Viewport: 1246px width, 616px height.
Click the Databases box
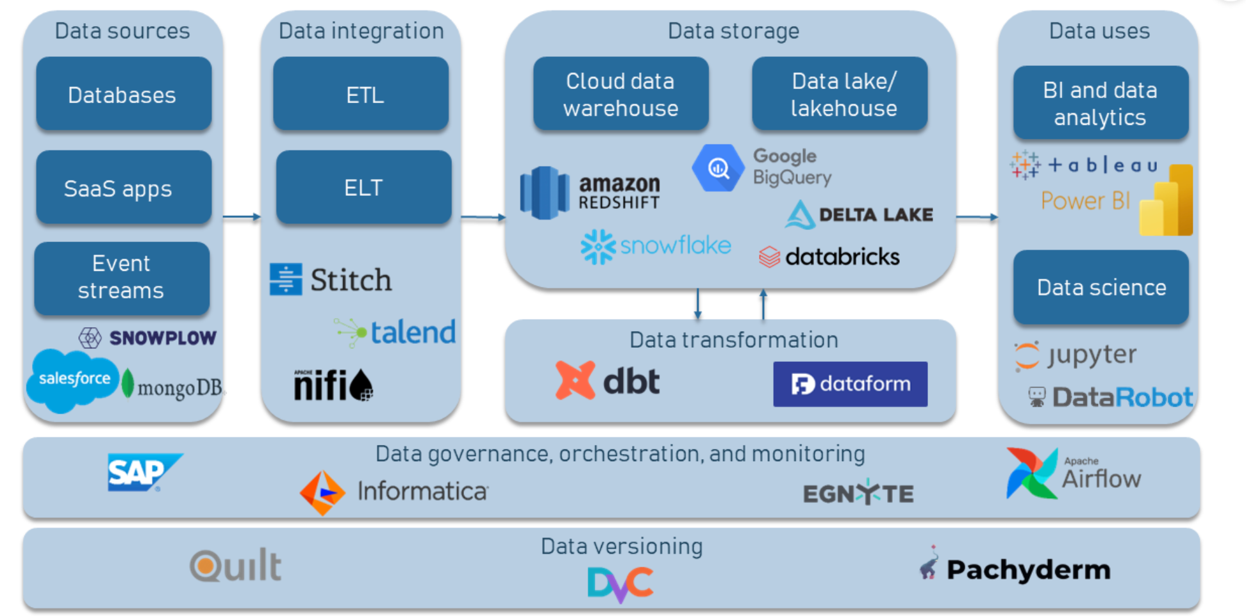pos(124,94)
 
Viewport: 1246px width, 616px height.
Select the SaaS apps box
pos(124,188)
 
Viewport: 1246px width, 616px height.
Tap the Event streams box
pos(122,277)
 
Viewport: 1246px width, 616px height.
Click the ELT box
pos(363,188)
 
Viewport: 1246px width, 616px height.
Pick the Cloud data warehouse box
pos(620,94)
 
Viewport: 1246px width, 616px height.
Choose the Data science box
pos(1101,288)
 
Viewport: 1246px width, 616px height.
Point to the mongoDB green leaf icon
pos(128,384)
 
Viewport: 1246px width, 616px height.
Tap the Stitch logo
pos(331,280)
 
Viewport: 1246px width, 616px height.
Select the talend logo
pos(396,332)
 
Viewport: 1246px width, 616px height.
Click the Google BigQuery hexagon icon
pos(718,168)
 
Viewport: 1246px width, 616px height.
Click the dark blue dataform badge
pos(850,384)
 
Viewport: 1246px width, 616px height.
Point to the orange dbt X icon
pos(574,380)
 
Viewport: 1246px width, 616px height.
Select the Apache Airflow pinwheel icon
pos(1031,474)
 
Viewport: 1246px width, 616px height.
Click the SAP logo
pos(142,473)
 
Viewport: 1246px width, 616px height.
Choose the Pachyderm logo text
pos(1028,569)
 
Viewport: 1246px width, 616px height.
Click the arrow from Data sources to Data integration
pos(242,217)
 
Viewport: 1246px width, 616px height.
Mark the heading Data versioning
pos(622,546)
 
